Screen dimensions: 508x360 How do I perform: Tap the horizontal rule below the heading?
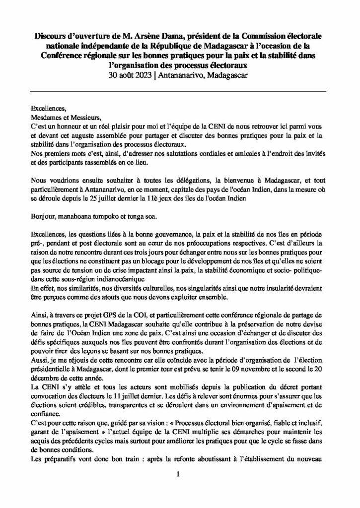tap(179, 91)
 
